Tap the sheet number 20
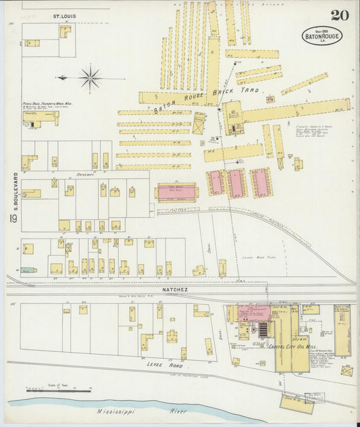340,16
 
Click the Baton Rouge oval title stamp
322,36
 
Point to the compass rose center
90,78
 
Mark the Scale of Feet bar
58,390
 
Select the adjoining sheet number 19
13,218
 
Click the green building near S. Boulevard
27,270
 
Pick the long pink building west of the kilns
177,193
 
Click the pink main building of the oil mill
253,313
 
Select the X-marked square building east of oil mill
346,371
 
